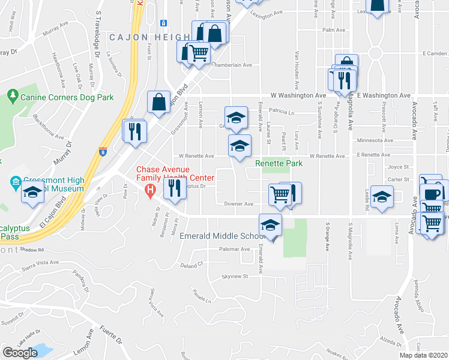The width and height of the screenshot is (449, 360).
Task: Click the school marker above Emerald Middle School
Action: point(270,225)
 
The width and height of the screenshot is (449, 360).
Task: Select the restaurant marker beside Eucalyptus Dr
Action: point(173,188)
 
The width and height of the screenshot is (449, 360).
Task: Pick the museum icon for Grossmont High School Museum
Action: point(16,181)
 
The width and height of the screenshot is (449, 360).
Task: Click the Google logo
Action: point(20,353)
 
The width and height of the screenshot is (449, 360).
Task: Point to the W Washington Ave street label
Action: point(298,95)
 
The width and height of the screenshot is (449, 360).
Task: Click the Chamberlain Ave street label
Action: point(231,65)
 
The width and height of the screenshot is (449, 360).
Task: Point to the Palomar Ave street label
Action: point(234,249)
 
